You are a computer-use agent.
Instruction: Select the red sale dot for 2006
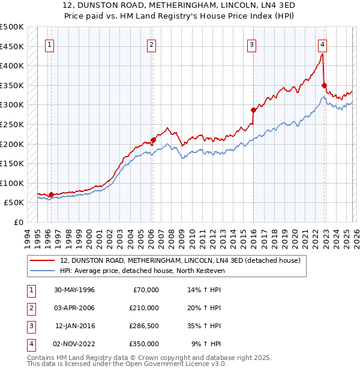click(153, 140)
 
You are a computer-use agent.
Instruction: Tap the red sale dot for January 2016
click(253, 110)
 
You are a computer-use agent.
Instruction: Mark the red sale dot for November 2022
click(324, 85)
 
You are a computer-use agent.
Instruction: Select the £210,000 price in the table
click(144, 308)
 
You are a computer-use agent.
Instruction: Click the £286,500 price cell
click(144, 326)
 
